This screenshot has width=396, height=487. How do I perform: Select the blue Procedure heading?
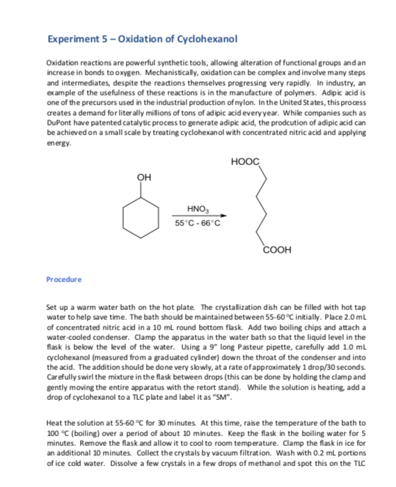pos(63,279)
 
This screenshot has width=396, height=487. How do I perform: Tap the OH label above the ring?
pos(145,178)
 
